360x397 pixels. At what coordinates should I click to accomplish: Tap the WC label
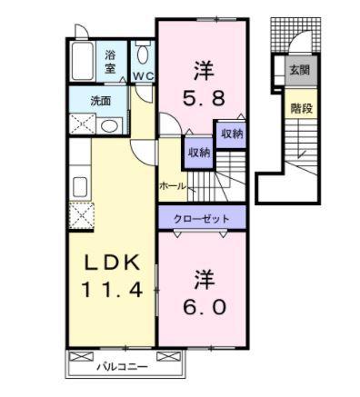pos(144,75)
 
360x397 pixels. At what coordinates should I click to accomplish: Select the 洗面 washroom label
pos(100,101)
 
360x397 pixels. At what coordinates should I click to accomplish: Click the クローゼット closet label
pos(202,218)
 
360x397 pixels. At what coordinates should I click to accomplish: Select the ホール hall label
pos(172,186)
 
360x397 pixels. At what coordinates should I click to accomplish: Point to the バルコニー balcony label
pos(124,369)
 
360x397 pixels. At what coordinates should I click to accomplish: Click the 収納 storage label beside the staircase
pos(231,134)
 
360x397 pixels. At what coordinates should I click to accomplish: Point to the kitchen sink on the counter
pos(78,189)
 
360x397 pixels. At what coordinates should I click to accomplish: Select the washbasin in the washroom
pos(108,126)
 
